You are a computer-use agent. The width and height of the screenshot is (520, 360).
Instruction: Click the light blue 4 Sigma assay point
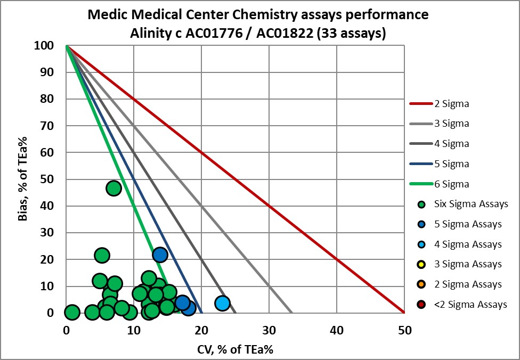(x=222, y=303)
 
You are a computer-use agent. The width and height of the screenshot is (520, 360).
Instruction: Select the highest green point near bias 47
(x=113, y=188)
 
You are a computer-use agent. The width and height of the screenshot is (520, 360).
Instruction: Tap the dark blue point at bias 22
(x=160, y=255)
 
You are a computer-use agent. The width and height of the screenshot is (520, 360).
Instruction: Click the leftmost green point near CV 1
(x=72, y=312)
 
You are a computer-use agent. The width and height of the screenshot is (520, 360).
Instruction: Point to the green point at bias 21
(x=102, y=256)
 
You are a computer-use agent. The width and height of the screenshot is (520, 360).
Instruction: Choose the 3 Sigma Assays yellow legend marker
(x=422, y=265)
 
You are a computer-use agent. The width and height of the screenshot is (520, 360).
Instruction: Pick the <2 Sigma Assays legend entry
(x=461, y=305)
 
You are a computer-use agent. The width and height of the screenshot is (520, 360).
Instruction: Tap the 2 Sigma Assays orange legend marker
(x=422, y=285)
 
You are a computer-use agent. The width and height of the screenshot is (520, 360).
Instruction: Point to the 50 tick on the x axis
(x=404, y=330)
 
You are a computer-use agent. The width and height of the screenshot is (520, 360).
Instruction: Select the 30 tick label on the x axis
(x=269, y=330)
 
